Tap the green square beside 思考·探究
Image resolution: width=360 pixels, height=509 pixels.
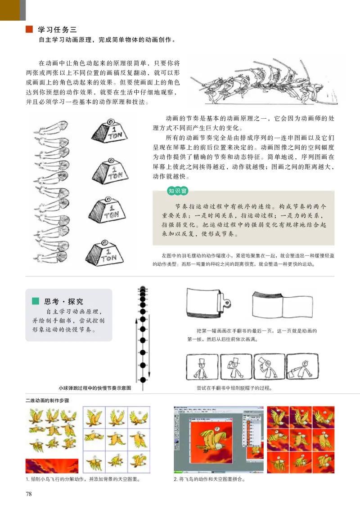click(x=35, y=302)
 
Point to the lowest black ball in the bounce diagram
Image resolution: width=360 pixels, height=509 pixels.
click(x=143, y=380)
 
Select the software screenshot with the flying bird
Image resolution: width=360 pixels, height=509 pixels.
click(x=216, y=441)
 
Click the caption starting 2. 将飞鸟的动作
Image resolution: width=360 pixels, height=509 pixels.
click(x=209, y=479)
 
